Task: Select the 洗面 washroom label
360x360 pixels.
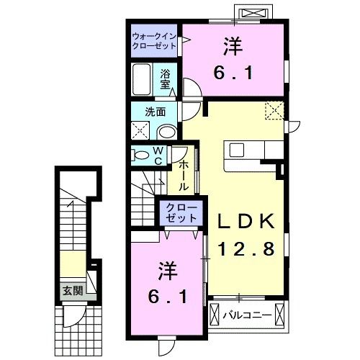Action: [x=156, y=112]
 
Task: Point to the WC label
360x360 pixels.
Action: [x=157, y=156]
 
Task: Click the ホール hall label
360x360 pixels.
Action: [x=183, y=175]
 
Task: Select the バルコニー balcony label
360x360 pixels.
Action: [x=250, y=315]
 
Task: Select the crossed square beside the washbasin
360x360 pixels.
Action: [x=140, y=131]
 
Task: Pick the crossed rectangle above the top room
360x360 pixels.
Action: [x=256, y=14]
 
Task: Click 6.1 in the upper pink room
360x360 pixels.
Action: [x=230, y=72]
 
